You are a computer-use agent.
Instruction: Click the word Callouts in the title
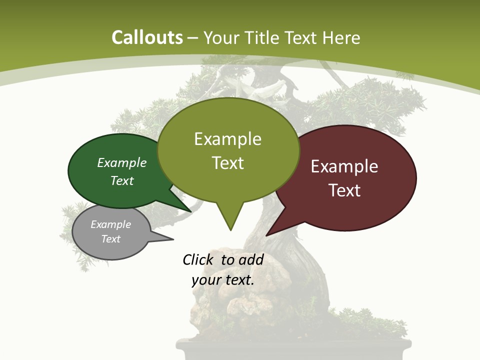click(147, 37)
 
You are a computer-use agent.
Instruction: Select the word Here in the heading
click(342, 37)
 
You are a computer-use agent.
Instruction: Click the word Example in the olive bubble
click(227, 139)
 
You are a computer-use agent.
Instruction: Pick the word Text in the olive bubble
click(227, 163)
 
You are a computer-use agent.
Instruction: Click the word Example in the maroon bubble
click(344, 166)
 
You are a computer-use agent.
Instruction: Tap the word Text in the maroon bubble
click(344, 190)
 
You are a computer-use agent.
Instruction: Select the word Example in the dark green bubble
click(122, 163)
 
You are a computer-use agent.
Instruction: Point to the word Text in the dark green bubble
click(122, 181)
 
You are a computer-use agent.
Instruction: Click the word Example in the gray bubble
click(110, 224)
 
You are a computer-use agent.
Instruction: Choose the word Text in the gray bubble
click(110, 239)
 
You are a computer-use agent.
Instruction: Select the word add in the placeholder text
click(251, 259)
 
